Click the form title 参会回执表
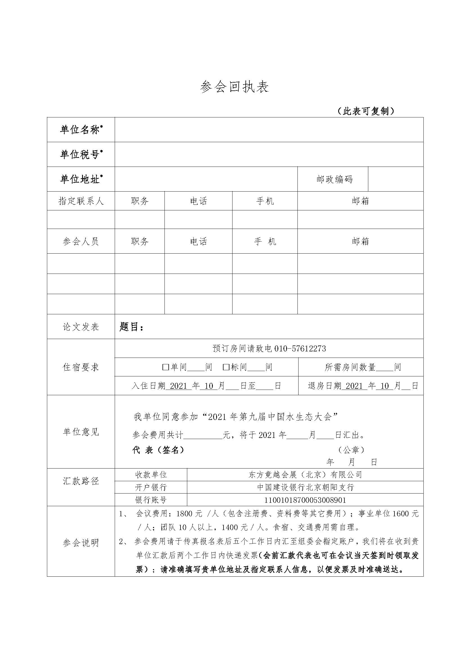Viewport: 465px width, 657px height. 234,87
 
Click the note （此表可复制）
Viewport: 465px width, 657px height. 365,111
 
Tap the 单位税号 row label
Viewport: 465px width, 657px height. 81,154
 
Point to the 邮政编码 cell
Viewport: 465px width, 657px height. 334,179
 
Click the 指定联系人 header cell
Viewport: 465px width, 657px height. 81,201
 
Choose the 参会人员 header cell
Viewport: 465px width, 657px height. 81,242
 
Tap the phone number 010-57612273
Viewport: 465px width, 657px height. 300,349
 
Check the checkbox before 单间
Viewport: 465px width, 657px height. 165,367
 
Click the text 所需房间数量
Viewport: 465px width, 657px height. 350,367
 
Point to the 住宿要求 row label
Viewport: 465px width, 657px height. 81,367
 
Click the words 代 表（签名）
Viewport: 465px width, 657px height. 158,450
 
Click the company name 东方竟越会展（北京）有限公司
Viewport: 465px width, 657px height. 305,475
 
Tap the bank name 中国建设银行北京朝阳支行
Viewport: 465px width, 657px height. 305,487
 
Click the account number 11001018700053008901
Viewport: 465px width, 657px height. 305,500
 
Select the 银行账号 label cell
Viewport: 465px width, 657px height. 151,500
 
